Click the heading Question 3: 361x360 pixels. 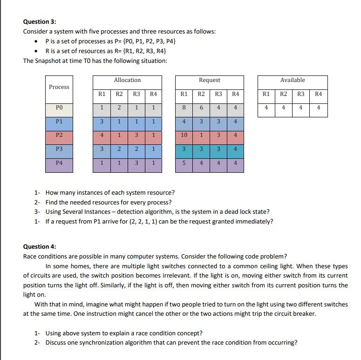40,21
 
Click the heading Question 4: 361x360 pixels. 40,246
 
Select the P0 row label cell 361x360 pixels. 59,108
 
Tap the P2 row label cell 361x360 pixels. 59,135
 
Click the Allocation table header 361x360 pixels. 127,80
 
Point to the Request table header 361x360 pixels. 209,80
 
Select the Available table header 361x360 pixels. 293,80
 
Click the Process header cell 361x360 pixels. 59,87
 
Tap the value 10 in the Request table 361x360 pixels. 184,135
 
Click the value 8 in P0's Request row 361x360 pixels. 184,108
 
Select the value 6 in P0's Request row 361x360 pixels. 201,108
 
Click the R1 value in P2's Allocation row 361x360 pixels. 101,135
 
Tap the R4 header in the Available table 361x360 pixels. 319,94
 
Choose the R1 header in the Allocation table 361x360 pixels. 101,94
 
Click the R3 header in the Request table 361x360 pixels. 218,94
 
